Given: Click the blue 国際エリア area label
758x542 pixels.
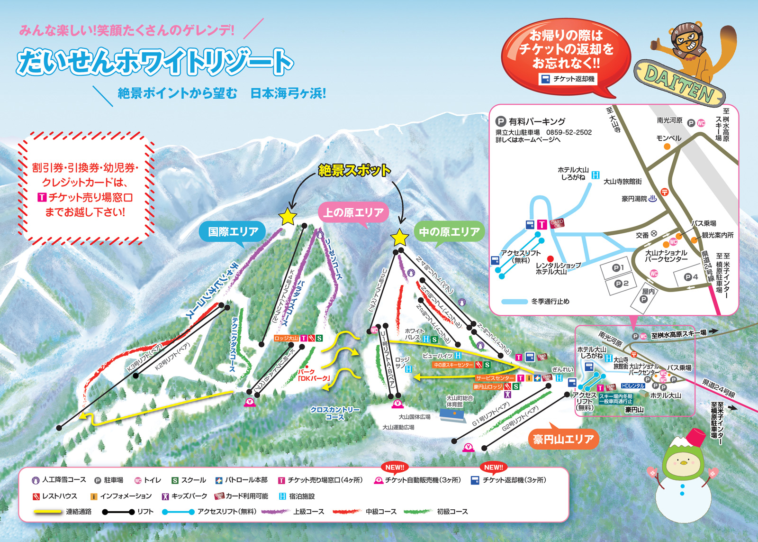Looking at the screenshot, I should (233, 232).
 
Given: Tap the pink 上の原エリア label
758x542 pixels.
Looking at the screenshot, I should (353, 213).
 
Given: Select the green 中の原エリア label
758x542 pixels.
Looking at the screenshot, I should (449, 232).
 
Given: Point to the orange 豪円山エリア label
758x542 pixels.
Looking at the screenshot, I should (563, 439).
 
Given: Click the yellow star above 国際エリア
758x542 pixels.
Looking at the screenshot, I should (288, 217).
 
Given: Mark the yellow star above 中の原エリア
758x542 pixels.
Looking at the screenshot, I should (399, 238).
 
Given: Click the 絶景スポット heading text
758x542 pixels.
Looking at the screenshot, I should (354, 170).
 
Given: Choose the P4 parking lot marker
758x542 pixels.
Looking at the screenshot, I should (691, 277).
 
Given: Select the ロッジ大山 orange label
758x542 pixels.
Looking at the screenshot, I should (286, 338).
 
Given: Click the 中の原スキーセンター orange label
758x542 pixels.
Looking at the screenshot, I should (452, 365).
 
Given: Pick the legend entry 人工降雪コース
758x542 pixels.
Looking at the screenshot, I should (59, 480).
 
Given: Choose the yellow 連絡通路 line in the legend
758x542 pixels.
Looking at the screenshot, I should (48, 512).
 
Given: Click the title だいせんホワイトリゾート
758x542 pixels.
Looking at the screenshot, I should (154, 63).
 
